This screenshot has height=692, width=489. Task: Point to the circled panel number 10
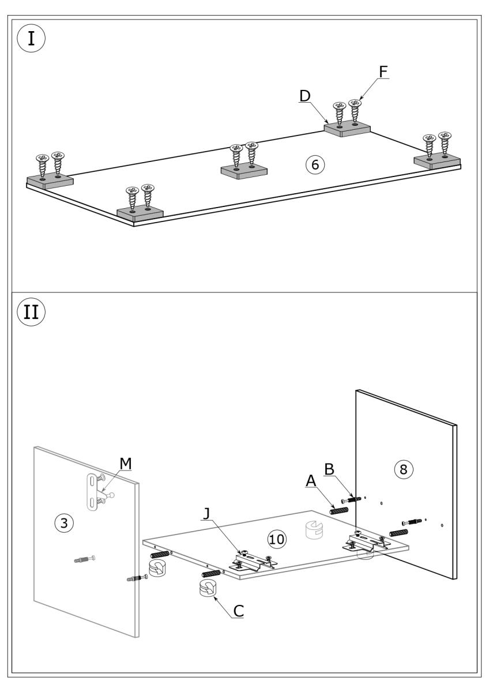pyautogui.click(x=277, y=539)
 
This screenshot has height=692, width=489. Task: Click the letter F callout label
pyautogui.click(x=383, y=71)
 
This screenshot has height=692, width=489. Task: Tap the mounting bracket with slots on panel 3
pyautogui.click(x=92, y=492)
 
